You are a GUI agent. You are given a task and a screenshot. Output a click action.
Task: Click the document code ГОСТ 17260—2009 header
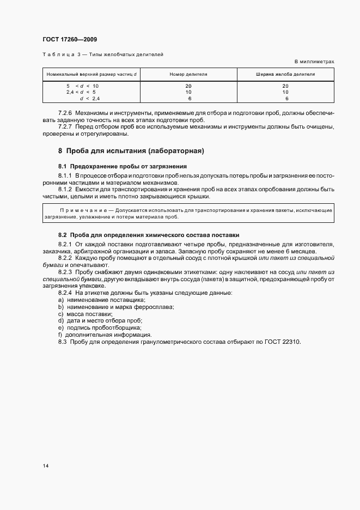69,39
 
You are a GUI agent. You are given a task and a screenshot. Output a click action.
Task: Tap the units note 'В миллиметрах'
314,62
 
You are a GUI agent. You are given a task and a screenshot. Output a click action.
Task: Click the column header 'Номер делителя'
188,74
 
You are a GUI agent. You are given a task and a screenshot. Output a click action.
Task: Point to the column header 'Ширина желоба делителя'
285,74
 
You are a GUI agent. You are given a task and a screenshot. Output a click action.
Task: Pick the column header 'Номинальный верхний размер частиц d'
91,74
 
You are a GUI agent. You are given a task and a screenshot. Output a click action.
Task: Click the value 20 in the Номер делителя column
188,86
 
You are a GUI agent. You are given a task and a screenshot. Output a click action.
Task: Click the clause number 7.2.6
65,113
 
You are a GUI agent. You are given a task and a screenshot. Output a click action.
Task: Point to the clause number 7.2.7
65,127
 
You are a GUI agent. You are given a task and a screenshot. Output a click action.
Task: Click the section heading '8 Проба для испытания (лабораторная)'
131,150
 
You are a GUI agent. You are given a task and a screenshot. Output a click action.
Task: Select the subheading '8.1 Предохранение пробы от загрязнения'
123,166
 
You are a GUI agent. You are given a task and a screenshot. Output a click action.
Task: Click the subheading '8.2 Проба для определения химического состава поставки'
148,235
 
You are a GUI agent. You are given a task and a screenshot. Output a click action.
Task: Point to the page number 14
45,466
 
